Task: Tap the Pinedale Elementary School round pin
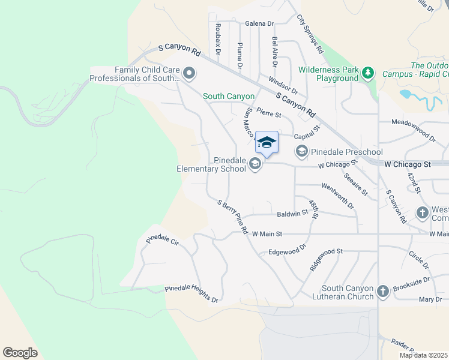256,164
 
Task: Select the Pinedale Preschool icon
301,152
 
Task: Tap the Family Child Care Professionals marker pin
190,74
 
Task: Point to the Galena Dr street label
259,24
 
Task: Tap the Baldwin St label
292,214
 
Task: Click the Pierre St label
269,112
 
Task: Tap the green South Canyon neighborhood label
229,96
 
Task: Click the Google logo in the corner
20,352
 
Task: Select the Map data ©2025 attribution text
423,355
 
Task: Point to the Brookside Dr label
411,284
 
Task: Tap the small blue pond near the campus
407,95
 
